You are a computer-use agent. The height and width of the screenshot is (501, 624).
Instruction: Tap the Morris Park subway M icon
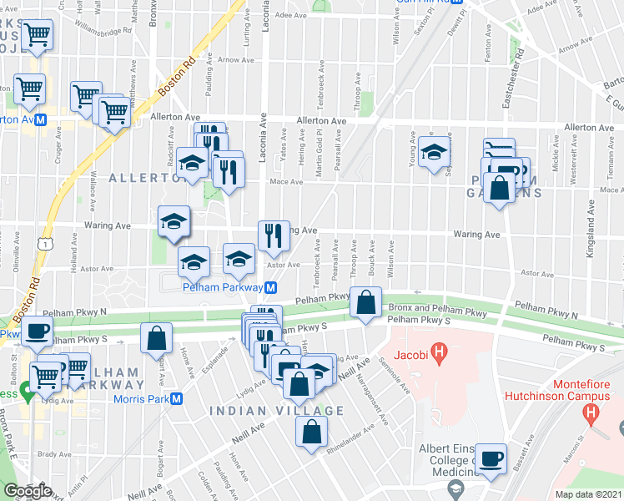(x=176, y=397)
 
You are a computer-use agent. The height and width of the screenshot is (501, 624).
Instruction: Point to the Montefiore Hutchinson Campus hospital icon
(x=591, y=412)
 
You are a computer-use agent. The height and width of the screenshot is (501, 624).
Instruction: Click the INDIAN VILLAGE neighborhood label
(x=276, y=411)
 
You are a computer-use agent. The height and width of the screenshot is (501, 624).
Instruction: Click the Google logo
(x=26, y=491)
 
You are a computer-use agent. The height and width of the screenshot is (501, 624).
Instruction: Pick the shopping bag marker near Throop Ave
(x=365, y=303)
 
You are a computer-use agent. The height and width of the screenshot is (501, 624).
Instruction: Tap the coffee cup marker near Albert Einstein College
(x=491, y=458)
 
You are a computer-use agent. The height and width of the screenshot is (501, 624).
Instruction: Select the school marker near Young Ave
(x=434, y=153)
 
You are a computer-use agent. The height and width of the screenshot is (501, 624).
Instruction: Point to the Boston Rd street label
(x=176, y=76)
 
